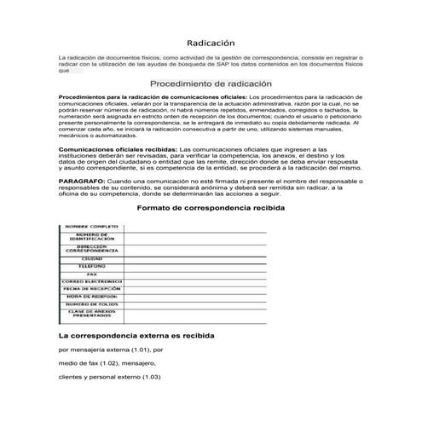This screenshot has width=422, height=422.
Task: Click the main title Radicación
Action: pyautogui.click(x=211, y=43)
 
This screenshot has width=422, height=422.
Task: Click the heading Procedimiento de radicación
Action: pyautogui.click(x=210, y=84)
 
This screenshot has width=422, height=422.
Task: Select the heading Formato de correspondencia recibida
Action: pyautogui.click(x=211, y=208)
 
